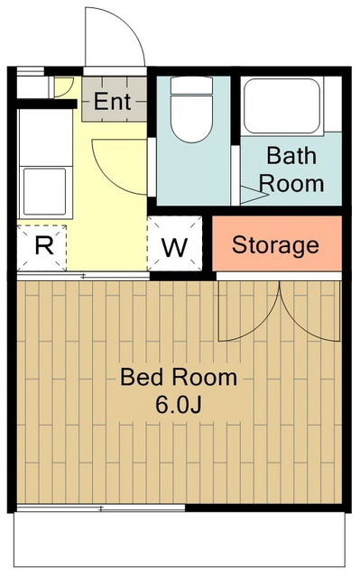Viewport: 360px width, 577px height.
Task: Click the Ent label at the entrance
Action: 112,101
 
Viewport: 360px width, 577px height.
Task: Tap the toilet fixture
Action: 192,110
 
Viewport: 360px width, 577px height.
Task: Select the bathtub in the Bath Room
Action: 282,106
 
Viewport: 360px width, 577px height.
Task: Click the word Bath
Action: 291,156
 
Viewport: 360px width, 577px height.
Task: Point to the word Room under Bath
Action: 291,183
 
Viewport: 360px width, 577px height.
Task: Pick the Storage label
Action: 275,245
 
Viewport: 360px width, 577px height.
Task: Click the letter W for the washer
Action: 175,248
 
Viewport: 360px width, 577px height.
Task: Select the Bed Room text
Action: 179,377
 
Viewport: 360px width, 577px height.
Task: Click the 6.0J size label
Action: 178,405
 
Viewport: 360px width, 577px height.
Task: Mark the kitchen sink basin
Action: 45,191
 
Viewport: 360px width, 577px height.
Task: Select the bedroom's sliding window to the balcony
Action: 101,508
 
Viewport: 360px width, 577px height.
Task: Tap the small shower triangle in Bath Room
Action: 254,195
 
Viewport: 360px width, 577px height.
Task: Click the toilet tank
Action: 192,86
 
